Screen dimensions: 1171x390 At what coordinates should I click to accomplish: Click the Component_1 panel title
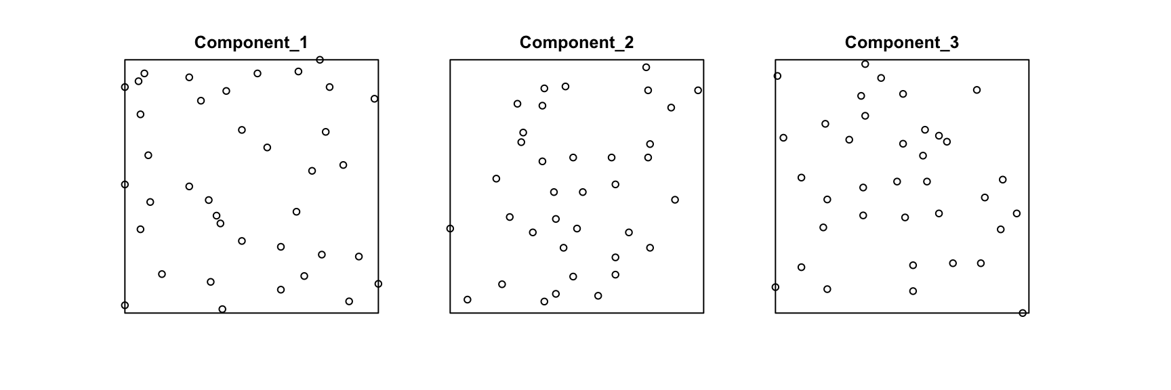pos(251,43)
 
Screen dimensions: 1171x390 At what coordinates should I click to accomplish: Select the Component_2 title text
pos(577,43)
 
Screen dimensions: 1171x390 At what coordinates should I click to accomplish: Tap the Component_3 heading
pos(902,43)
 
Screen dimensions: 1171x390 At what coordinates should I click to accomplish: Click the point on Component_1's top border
pos(320,60)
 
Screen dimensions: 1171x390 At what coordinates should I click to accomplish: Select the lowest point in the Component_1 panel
pos(222,309)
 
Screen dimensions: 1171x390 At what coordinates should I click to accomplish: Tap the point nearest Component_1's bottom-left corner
pos(125,305)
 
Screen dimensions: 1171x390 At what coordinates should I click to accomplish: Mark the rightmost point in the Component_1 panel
pos(378,284)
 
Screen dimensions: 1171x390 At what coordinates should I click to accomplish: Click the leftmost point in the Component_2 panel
pos(450,229)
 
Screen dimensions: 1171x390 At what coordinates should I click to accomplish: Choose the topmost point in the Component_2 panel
pos(646,67)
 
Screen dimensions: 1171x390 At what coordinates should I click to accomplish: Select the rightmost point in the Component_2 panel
pos(698,91)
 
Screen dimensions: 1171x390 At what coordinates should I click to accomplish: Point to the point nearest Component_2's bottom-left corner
pos(468,299)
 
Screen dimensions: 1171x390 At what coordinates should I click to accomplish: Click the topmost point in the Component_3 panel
pos(865,64)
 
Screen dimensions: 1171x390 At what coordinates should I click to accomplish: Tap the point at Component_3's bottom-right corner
pos(1023,313)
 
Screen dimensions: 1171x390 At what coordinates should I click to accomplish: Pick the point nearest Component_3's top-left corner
pos(777,76)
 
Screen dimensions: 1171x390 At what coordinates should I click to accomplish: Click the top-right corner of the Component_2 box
pos(703,60)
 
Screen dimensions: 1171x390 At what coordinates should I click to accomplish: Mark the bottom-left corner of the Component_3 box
pos(775,313)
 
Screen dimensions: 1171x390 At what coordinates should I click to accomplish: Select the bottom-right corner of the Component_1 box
pos(378,313)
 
